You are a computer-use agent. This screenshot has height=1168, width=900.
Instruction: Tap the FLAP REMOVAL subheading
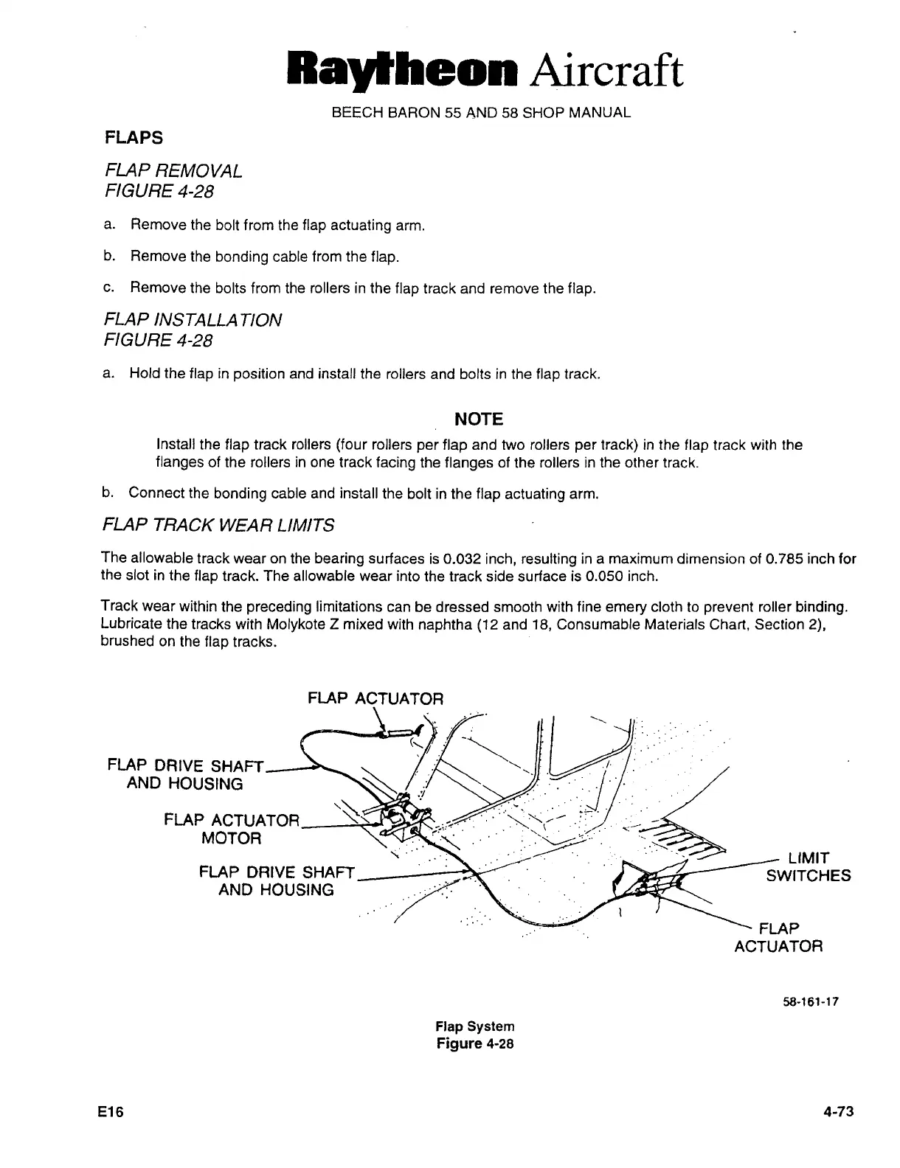pos(174,171)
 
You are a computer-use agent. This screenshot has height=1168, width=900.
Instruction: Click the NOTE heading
pos(479,420)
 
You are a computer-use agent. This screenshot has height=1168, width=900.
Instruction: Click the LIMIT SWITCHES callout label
pos(808,867)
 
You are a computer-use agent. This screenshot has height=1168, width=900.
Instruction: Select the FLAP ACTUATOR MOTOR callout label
pos(232,830)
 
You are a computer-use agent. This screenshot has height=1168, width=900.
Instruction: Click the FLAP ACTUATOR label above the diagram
pos(375,698)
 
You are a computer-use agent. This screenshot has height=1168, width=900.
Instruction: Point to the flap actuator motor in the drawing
pos(404,818)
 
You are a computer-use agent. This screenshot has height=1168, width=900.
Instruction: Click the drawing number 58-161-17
pos(810,1002)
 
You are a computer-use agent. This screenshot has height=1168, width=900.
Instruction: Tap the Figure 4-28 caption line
pos(475,1043)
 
